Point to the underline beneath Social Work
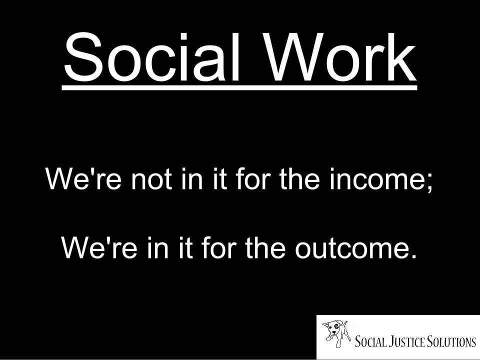pyautogui.click(x=239, y=88)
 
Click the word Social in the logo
pyautogui.click(x=370, y=342)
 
